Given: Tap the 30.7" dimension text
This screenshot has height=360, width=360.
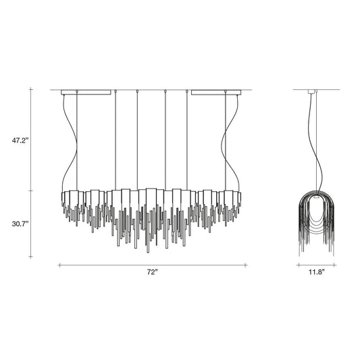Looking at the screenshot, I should pos(20,224).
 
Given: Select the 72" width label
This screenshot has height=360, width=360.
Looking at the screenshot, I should pos(152,272).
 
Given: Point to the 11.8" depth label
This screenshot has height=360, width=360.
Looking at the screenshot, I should pos(313,272).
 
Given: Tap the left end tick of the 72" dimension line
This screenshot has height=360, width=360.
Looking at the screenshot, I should pos(59,265).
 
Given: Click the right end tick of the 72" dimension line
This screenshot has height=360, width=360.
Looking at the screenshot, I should pos(246,265).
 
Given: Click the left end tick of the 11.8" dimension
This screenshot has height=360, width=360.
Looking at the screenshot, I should pos(298,265).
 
